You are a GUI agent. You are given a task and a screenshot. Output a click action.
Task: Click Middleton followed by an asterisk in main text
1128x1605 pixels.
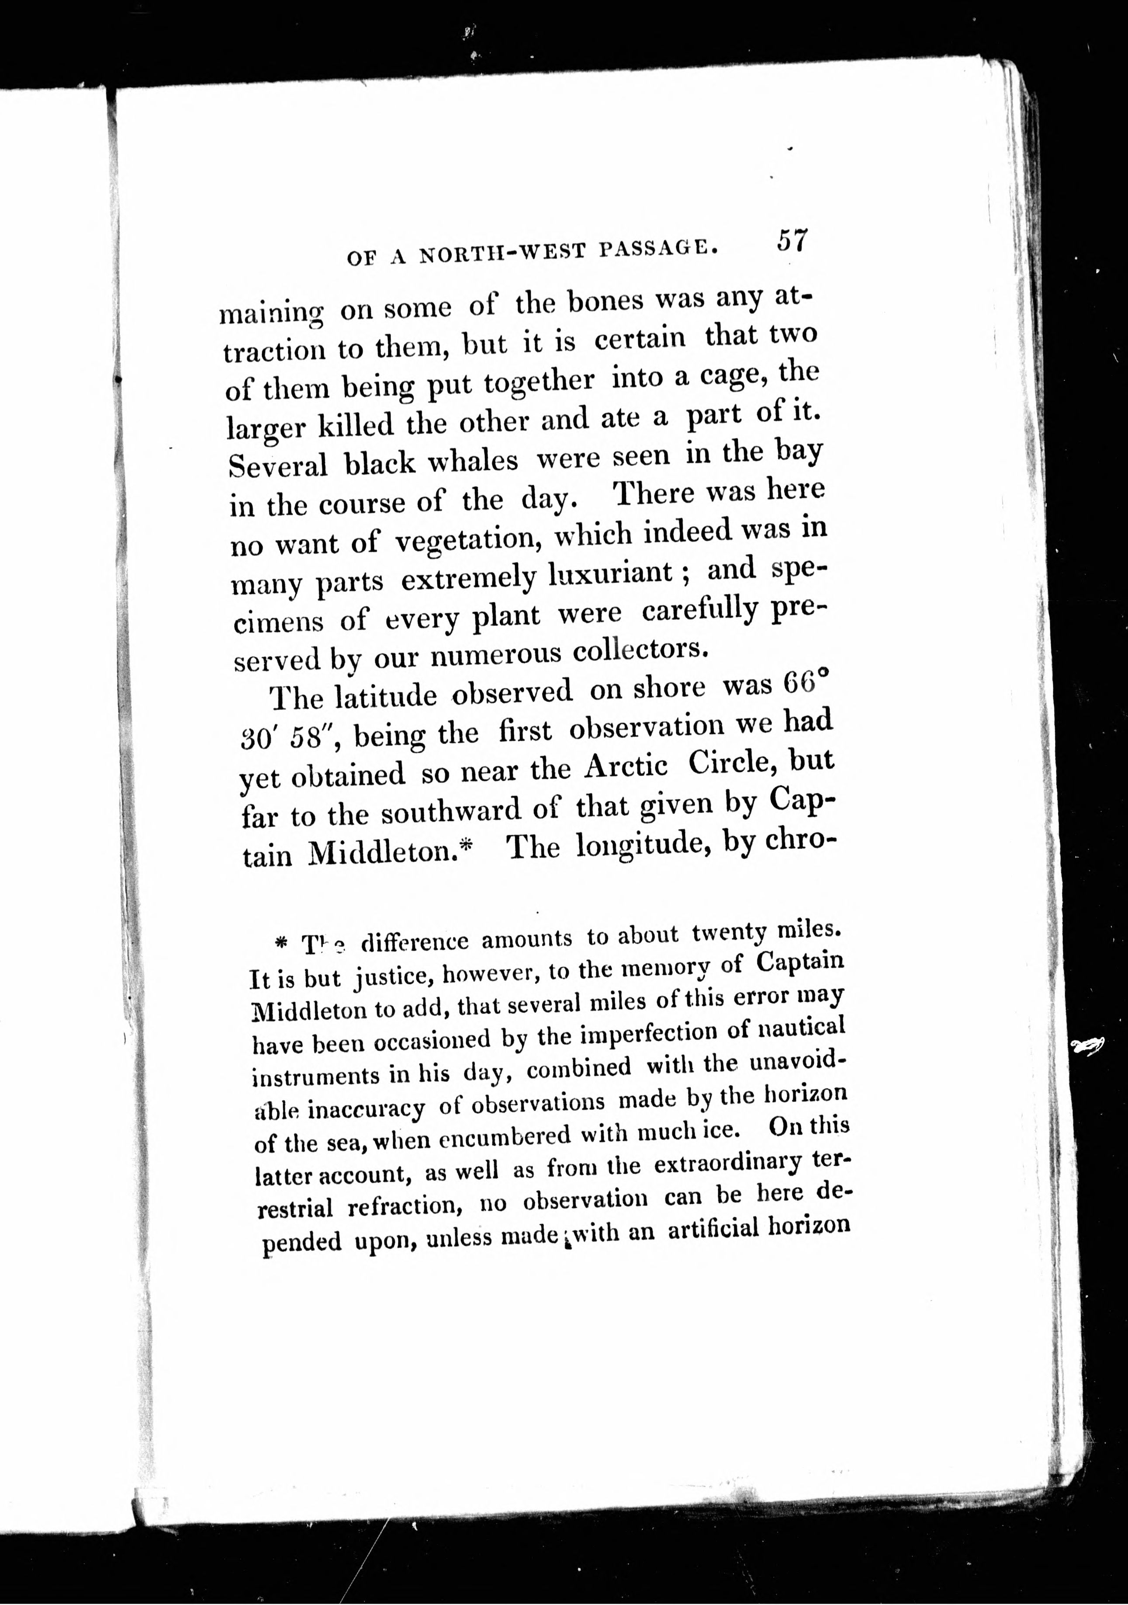click(381, 853)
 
